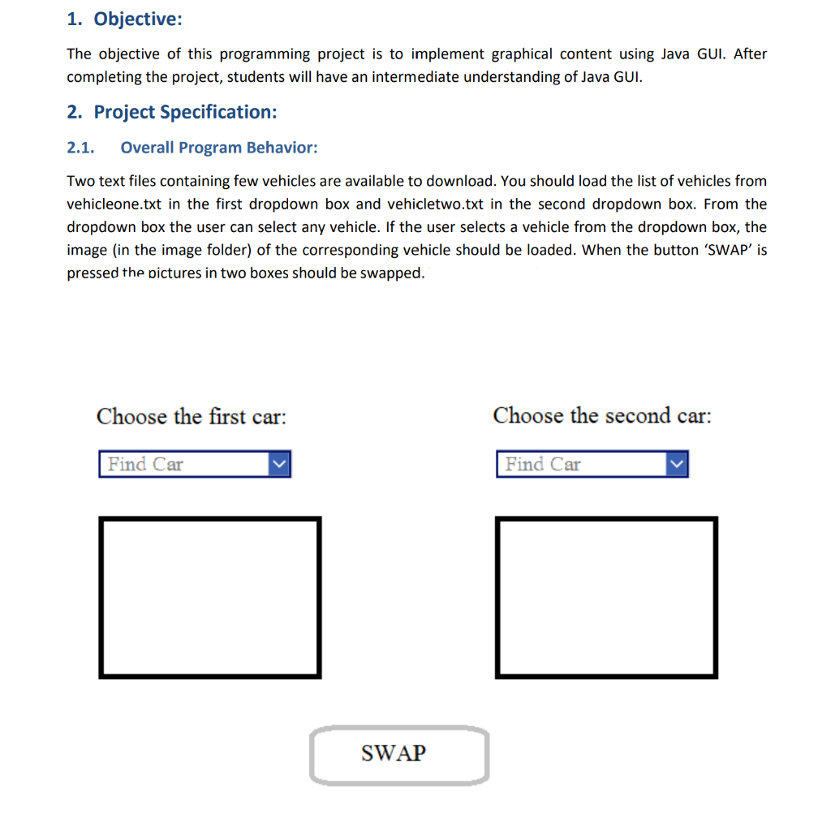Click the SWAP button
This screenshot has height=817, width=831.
(x=398, y=755)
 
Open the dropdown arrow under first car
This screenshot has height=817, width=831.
(x=279, y=465)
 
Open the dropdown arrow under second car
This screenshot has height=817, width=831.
(x=677, y=465)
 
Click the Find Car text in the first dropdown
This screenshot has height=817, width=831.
(x=146, y=465)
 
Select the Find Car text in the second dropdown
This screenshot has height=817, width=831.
(x=543, y=465)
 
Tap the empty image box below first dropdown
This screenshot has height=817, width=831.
(x=209, y=597)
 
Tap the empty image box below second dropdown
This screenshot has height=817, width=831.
(x=606, y=597)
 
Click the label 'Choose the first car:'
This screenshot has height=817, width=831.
(x=192, y=417)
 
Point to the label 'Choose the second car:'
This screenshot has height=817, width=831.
(x=601, y=416)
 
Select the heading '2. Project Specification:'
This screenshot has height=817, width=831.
(x=172, y=112)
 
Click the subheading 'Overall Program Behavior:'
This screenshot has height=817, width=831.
(x=219, y=148)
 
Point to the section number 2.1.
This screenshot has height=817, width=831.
(x=80, y=148)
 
